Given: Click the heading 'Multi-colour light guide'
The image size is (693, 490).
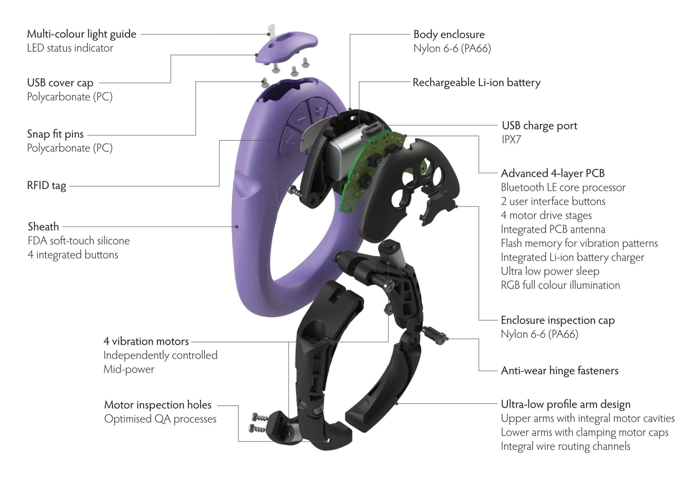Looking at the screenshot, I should pos(81,34).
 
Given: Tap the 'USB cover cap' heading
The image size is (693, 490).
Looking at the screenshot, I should pos(60,83).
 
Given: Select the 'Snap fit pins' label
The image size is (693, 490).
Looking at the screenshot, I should pos(55,134).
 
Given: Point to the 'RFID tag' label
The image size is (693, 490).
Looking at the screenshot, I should pos(47,186).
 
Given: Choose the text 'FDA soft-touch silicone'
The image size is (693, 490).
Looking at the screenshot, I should pos(79,241).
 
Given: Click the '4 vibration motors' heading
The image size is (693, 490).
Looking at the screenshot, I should pos(146,341).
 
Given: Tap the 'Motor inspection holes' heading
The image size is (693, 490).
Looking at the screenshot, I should pos(158,405).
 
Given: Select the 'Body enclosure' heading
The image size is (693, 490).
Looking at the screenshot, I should pos(449,34).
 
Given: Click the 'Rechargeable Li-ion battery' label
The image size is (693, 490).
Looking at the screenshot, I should pos(476,83).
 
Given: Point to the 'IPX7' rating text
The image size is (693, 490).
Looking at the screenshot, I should pos(511,139).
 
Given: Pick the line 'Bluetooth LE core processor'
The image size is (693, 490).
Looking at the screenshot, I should pos(563,188).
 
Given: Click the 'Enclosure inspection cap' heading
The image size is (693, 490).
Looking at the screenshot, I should pos(557,320).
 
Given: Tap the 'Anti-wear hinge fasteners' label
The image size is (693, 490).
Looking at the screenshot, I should pos(559,371).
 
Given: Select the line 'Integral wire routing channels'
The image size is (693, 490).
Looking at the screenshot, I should pos(565,446).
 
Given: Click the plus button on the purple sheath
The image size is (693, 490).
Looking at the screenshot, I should pos(318,110).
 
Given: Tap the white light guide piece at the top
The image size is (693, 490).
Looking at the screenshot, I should pos(272,30).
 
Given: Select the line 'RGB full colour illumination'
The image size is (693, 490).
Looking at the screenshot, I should pos(560,285).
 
